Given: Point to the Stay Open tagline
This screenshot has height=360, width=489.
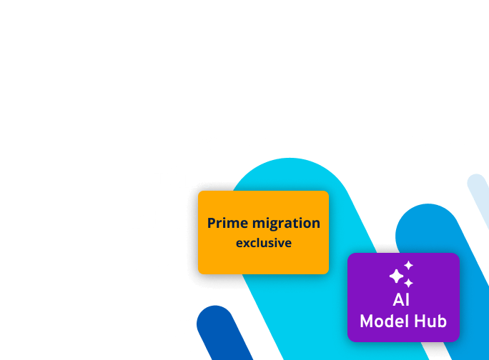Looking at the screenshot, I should pos(223,301).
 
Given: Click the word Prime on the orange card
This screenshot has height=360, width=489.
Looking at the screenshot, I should pos(227,223).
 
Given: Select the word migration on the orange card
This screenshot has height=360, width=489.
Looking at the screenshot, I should pos(285,223).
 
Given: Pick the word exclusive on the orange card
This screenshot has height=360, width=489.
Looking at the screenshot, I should pos(264,243).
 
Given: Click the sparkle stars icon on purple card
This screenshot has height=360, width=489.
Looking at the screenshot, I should pos(401,274).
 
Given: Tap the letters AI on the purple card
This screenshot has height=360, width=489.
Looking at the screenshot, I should pos(402,300).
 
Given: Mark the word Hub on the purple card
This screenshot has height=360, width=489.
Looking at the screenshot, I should pos(432,321).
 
